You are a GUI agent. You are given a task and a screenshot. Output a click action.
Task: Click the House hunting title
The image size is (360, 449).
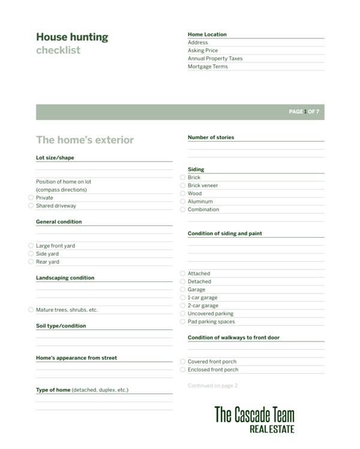coord(72,37)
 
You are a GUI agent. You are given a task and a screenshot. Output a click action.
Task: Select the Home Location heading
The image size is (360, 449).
coord(207,35)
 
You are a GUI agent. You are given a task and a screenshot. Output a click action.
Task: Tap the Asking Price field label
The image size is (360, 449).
coord(203,51)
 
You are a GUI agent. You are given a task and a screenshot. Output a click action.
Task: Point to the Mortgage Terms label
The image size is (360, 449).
coord(208,67)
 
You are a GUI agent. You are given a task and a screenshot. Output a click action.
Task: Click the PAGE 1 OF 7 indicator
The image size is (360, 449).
coord(304,112)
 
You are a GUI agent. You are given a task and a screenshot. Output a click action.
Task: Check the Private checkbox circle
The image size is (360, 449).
coord(31,197)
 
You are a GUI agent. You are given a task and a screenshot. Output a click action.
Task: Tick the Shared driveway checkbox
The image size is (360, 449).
coord(31,206)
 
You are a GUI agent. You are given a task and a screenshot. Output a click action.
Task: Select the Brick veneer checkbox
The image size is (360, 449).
coord(183,185)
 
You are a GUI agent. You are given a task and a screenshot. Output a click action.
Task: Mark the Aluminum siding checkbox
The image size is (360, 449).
coord(183,202)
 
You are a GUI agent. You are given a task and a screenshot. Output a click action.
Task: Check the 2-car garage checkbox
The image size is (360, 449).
coord(183,306)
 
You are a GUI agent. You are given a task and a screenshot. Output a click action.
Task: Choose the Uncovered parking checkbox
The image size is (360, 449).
coord(183,313)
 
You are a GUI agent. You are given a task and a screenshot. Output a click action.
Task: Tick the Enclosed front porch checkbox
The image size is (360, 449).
coord(183,370)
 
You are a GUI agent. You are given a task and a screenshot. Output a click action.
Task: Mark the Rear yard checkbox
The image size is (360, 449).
coord(31,262)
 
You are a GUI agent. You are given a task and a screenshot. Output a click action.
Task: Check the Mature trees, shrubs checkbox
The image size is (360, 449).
coord(31,310)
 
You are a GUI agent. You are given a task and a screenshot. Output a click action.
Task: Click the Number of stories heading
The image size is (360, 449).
coord(211,137)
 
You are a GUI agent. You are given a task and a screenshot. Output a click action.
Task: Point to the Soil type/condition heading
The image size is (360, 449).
coord(61,326)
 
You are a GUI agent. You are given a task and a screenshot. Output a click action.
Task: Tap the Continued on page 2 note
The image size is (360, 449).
coord(212,385)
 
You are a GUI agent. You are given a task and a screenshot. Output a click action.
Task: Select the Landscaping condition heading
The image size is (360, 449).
coord(65,278)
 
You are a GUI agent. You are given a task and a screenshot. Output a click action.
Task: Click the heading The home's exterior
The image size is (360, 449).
coord(85,140)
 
